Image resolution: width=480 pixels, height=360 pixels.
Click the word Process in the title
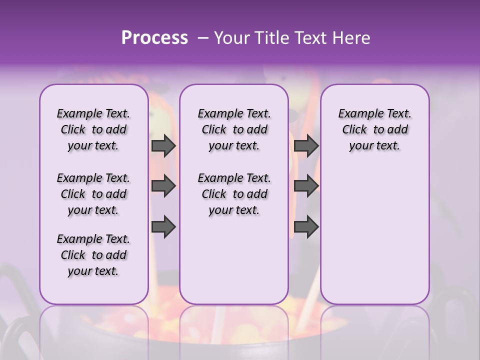pos(154,38)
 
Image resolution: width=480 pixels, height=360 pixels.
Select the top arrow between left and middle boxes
pos(163,146)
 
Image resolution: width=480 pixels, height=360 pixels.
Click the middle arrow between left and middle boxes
pos(163,186)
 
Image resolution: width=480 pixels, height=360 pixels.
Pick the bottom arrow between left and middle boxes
pos(163,227)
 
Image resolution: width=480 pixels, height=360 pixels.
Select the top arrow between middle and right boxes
pos(306,146)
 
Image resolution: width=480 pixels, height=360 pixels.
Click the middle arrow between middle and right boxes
pos(306,186)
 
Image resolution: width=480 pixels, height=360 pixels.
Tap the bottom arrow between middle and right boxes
pos(306,227)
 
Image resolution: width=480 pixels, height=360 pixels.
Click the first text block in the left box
pos(93,129)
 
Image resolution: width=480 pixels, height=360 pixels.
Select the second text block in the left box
pos(93,194)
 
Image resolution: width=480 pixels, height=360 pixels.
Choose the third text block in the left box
pos(93,255)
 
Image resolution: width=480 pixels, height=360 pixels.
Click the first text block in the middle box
pos(234,129)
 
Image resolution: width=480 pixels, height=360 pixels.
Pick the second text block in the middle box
pos(234,194)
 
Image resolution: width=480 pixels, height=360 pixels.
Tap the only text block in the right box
pos(375,129)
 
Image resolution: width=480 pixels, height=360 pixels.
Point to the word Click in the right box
pos(354,130)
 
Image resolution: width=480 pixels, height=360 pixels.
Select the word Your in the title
pos(229,38)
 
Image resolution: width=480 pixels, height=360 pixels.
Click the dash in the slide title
pos(202,38)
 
